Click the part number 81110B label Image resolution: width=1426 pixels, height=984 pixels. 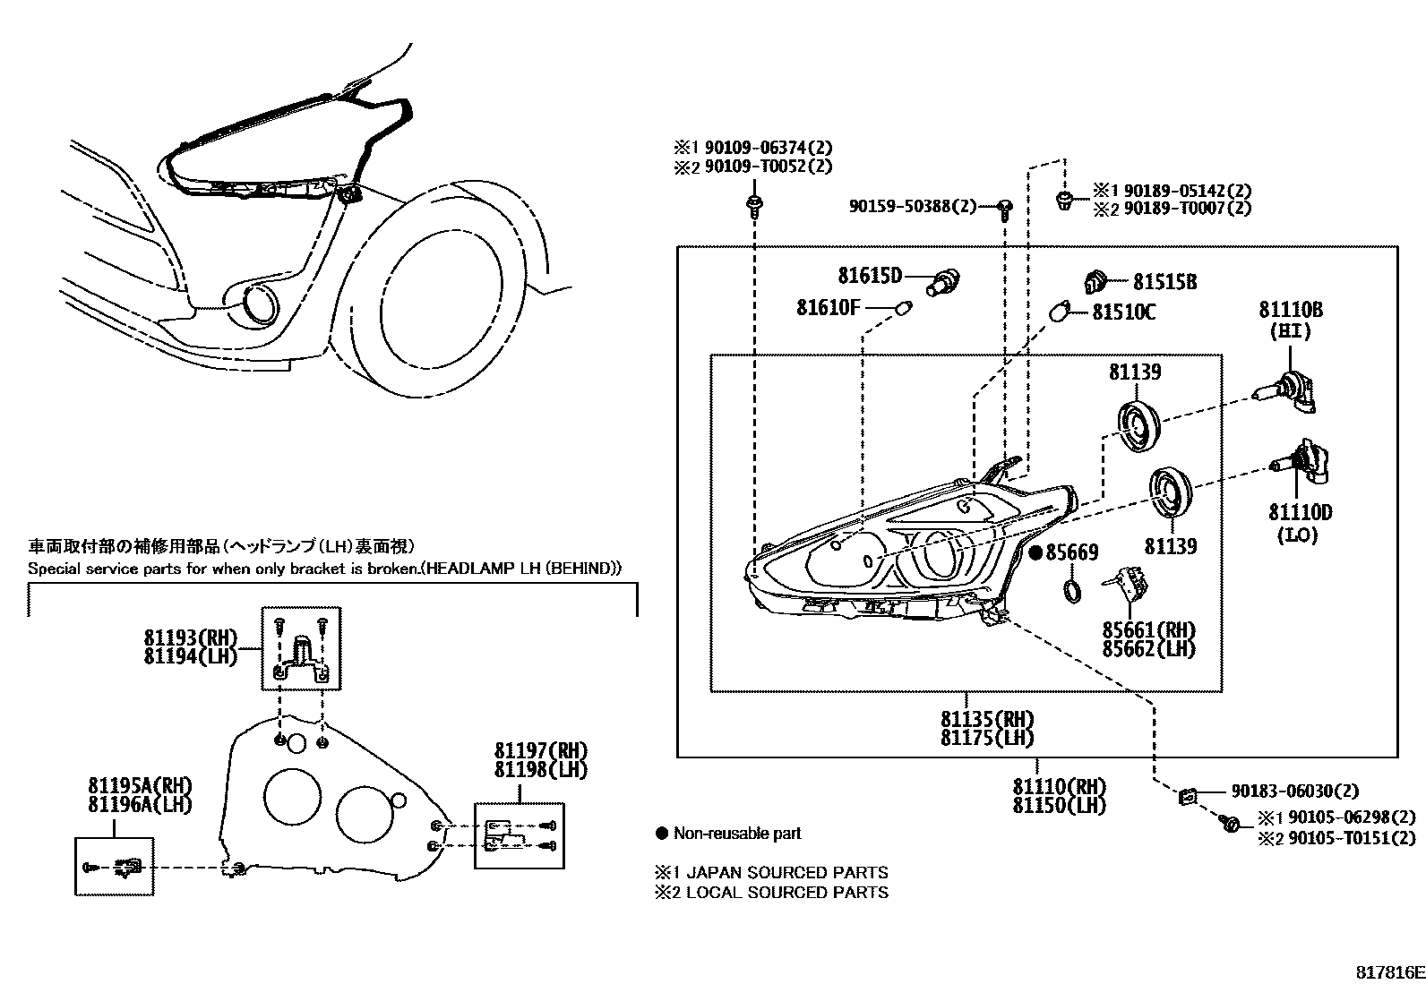[x=1290, y=310]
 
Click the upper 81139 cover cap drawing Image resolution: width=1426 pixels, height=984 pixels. [x=1139, y=425]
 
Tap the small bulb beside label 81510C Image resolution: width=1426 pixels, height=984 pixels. [x=1060, y=313]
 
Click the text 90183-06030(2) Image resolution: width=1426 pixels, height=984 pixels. [x=1293, y=791]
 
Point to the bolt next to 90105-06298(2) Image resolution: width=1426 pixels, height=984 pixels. [x=1231, y=823]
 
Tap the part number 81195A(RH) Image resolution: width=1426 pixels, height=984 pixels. [x=139, y=785]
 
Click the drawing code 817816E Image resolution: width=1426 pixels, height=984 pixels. [x=1387, y=972]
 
